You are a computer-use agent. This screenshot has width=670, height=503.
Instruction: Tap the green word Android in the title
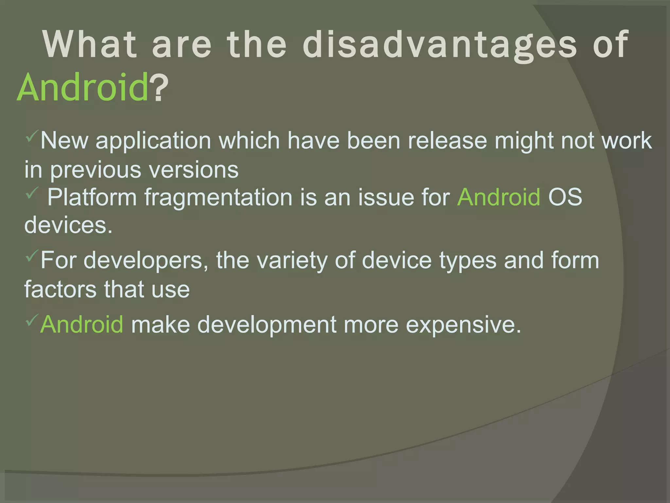pos(83,87)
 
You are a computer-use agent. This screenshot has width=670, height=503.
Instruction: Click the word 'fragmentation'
pos(219,197)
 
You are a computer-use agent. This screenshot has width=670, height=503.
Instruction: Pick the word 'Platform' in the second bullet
pos(92,197)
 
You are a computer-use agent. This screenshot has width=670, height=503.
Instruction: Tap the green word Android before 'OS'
pos(499,197)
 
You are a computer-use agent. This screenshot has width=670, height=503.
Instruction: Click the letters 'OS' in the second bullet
pos(565,197)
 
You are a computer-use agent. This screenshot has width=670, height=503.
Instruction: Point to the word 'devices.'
pos(68,225)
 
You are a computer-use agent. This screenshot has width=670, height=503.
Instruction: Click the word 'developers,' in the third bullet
pos(146,260)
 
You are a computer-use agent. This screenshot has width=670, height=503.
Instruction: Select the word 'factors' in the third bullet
pos(60,289)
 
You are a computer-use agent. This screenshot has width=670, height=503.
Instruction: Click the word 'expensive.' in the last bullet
pos(464,325)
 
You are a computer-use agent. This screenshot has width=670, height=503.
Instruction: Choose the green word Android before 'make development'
pos(82,325)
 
